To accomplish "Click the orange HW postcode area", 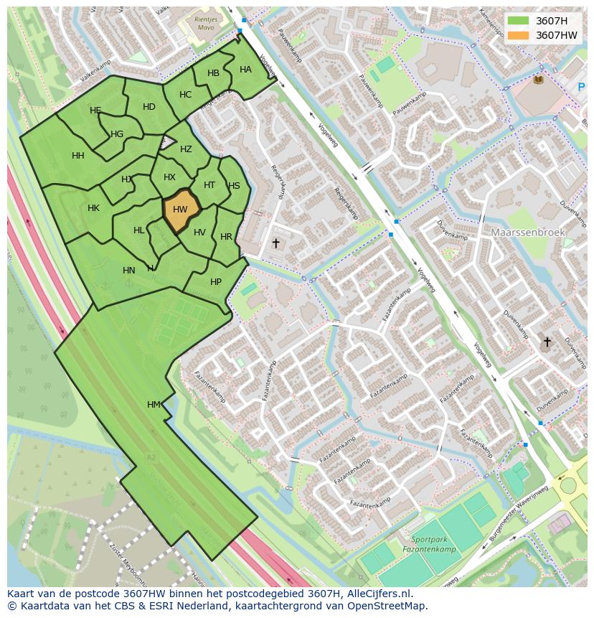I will click(x=180, y=210).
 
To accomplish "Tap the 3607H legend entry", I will click(x=551, y=21).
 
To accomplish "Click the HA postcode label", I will click(x=245, y=70).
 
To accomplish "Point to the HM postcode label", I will click(x=154, y=405).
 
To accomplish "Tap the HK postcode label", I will click(x=93, y=208).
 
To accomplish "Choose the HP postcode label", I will click(x=216, y=282).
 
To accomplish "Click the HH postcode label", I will click(x=78, y=156).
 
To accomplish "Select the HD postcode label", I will click(x=149, y=107).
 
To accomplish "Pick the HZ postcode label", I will click(x=186, y=149).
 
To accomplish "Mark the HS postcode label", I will click(x=234, y=186).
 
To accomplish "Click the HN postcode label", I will click(x=129, y=271).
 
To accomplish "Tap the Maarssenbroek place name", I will click(x=529, y=233).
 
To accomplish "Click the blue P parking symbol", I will click(x=581, y=88).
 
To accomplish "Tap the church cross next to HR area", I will click(x=275, y=243).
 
